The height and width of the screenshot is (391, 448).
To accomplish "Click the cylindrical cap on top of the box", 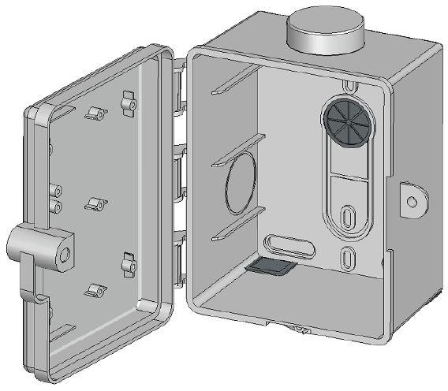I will pos(324,32).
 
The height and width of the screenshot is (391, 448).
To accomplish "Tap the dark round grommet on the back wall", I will pos(345,125).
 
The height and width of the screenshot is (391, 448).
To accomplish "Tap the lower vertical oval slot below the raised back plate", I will pos(347,257).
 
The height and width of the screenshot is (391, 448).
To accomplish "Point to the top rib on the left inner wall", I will pos(235,81).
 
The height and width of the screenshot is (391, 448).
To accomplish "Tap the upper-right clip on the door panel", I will pos(128,101).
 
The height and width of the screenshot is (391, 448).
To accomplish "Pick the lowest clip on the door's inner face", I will pos(95,290).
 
